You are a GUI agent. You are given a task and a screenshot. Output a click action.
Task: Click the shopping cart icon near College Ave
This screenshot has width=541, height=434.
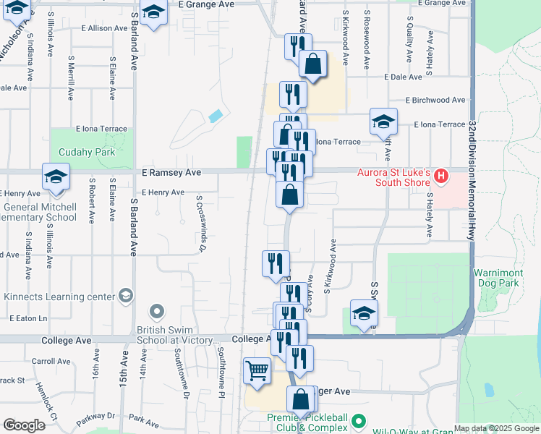(257, 372)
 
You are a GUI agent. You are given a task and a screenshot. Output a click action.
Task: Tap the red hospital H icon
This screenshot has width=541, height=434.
(440, 176)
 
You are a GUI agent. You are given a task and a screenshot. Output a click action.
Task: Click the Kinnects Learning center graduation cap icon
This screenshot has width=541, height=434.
(126, 295)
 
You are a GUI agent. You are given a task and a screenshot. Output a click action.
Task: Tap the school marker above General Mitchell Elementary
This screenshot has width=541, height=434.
(56, 177)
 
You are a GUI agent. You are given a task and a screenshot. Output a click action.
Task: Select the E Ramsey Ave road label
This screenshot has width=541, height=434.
(171, 173)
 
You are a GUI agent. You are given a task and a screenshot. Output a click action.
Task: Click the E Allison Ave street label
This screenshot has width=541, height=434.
(104, 28)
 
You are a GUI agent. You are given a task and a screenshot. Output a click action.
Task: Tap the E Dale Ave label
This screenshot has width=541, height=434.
(404, 77)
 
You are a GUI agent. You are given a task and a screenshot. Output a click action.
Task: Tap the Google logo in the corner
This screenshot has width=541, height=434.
(24, 425)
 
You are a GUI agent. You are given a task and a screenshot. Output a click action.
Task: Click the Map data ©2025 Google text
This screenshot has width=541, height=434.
(496, 429)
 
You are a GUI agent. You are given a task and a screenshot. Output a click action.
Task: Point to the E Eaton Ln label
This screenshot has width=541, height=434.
(28, 318)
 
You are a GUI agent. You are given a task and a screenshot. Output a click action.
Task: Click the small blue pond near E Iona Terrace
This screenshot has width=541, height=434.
(216, 116)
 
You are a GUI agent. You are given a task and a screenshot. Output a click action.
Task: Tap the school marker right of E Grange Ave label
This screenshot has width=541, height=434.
(153, 13)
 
